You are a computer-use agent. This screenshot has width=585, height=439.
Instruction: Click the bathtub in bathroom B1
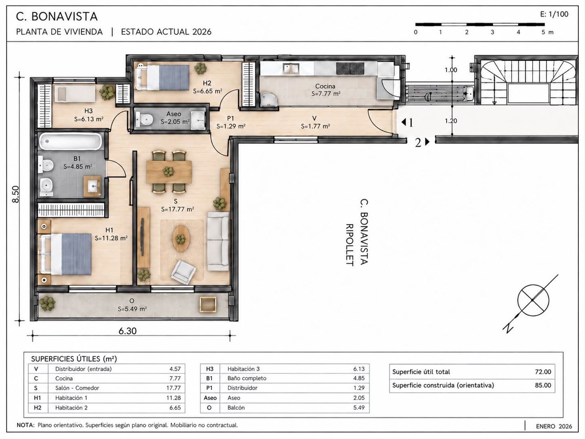coord(70,141)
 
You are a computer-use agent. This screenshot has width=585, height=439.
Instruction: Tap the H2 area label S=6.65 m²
coord(207,91)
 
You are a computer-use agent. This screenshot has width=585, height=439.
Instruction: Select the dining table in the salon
coord(169,172)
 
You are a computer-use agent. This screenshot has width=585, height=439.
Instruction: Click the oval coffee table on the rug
coord(181,238)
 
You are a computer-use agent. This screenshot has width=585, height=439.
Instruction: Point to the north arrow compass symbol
coord(533,300)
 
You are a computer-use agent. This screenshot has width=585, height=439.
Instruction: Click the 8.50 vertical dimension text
coord(16,194)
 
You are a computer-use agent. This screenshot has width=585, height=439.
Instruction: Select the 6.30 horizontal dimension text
coord(128,331)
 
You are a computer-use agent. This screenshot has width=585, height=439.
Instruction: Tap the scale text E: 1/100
coord(554,14)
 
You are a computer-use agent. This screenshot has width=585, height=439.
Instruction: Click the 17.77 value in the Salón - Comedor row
coord(174,388)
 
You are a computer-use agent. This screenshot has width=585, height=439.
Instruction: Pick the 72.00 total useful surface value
coord(543,372)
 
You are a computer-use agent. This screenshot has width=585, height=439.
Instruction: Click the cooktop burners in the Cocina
coord(350,69)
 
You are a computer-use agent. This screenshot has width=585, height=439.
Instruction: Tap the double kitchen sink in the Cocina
coord(291,68)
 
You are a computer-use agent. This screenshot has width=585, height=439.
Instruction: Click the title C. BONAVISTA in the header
coord(57,16)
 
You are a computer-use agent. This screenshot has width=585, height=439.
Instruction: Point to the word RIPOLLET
coord(349,245)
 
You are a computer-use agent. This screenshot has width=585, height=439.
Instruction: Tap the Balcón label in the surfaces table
coord(236,407)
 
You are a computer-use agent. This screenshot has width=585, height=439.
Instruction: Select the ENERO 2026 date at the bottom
coord(554,426)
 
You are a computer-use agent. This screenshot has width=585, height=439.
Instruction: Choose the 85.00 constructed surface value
coord(543,386)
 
